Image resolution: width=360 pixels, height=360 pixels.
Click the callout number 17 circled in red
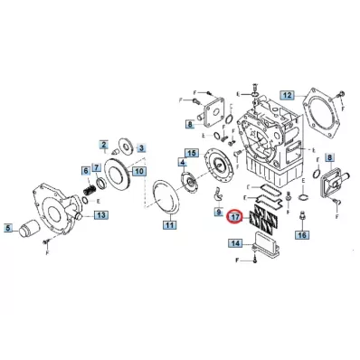tap(235, 217)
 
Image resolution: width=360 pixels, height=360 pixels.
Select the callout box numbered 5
tap(8, 228)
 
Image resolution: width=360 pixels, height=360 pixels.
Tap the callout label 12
tap(288, 95)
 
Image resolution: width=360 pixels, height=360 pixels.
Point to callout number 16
tap(302, 235)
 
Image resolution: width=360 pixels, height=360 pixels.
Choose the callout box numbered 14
tap(235, 243)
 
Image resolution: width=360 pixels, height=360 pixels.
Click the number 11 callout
tap(169, 225)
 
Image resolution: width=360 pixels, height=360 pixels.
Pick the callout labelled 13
tap(101, 215)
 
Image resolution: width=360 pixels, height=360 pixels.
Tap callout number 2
tap(104, 145)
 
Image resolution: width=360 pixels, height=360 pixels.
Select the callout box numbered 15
tap(192, 153)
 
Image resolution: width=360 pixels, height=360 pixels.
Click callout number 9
tap(218, 213)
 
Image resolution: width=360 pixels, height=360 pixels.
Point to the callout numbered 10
tap(139, 172)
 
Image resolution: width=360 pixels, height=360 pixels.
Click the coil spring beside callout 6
tap(90, 191)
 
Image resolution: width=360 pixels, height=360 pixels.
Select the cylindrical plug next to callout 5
tap(27, 229)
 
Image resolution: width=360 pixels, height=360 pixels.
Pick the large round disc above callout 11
tap(166, 198)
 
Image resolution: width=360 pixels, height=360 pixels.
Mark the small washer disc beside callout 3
tap(125, 146)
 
